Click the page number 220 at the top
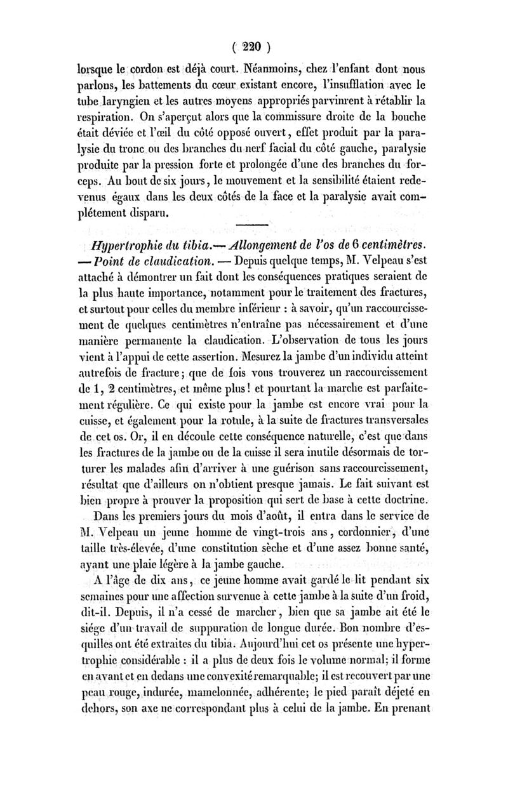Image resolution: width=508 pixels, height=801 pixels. (253, 46)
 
